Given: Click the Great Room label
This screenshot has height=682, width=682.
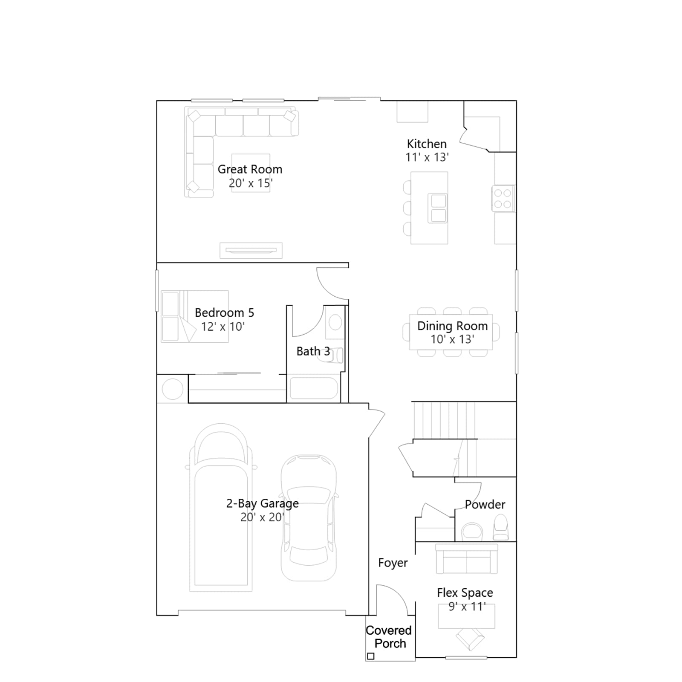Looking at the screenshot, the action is click(x=250, y=169).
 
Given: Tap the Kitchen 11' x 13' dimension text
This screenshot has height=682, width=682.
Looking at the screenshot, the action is click(x=427, y=157).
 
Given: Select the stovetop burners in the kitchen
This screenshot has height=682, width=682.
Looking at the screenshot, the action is click(x=503, y=199).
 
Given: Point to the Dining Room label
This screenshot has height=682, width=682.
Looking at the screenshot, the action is click(x=452, y=326).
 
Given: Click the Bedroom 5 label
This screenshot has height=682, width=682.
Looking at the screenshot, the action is click(x=224, y=312).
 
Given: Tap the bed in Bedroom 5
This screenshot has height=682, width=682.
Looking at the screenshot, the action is click(x=195, y=316).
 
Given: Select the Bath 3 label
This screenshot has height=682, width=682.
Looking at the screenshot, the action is click(x=313, y=351).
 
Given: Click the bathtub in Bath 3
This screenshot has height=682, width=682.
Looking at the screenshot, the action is click(x=314, y=388).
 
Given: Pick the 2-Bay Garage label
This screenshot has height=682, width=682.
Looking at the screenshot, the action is click(x=262, y=503).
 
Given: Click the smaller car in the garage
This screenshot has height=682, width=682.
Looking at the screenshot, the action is click(x=309, y=518).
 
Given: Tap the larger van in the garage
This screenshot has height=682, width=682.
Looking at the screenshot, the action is click(x=221, y=507).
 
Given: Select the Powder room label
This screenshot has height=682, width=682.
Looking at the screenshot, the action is click(x=485, y=504).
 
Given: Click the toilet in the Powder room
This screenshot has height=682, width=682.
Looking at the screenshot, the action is click(x=500, y=528).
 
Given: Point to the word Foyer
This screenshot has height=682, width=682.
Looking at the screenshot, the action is click(x=393, y=563).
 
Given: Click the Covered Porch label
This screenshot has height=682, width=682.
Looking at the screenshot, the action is click(x=389, y=637).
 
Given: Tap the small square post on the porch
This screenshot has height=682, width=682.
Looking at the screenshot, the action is click(x=371, y=656).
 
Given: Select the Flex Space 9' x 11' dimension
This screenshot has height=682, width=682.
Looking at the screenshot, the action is click(x=467, y=607).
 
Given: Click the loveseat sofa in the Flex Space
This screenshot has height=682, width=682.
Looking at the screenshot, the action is click(x=467, y=559).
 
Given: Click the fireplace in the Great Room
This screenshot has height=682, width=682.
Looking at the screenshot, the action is click(x=251, y=251).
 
